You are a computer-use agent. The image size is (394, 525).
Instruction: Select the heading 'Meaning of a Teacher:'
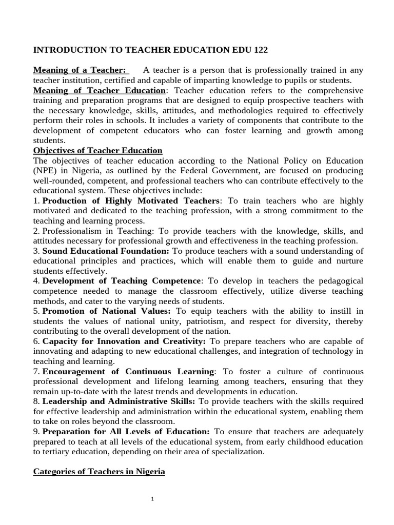click(x=80, y=70)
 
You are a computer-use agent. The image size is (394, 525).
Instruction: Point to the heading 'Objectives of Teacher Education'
click(x=97, y=150)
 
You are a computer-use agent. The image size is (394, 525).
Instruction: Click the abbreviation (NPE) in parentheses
click(x=45, y=170)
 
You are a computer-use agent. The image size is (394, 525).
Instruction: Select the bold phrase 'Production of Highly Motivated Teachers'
click(x=131, y=200)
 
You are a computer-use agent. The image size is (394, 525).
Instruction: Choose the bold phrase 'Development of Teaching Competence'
click(x=122, y=281)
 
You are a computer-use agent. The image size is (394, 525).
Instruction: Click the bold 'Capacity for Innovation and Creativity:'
click(x=124, y=341)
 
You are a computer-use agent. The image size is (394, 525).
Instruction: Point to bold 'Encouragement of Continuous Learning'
click(x=128, y=371)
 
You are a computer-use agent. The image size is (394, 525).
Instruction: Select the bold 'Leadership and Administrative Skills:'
click(x=119, y=401)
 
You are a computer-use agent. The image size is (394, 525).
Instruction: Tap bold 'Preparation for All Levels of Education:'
click(x=126, y=432)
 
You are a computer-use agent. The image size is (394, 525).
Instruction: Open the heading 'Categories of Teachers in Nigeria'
click(x=99, y=472)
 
